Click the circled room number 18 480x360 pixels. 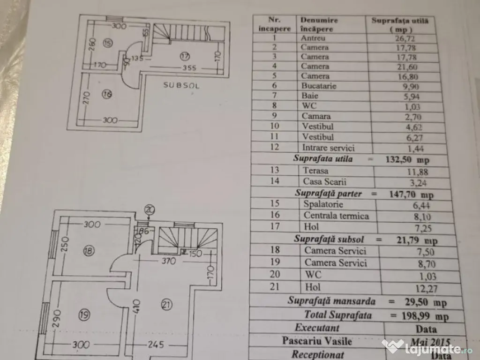coord(88,251)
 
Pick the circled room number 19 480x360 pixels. coord(85,315)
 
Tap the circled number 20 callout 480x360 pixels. coord(150,210)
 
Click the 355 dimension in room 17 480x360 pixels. coord(189,67)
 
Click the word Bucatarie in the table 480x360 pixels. coord(318,86)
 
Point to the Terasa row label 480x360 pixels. coord(316,171)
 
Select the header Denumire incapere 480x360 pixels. coord(319,24)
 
